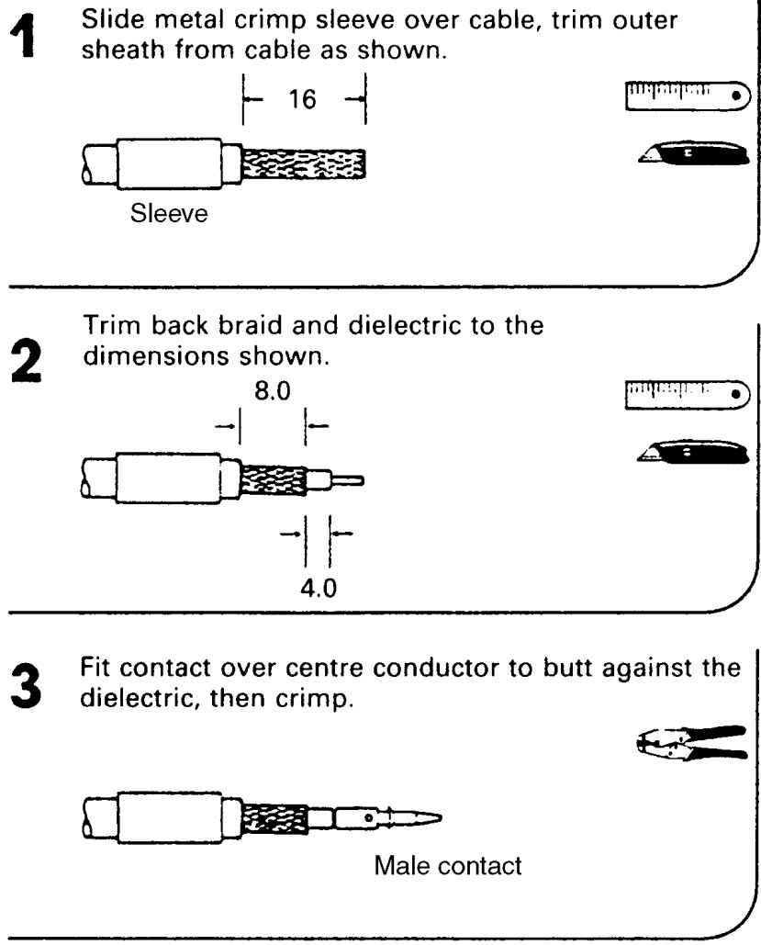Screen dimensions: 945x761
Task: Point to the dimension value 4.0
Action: point(318,584)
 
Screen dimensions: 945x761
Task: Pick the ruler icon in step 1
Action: point(687,95)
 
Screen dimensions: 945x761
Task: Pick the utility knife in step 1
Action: point(687,154)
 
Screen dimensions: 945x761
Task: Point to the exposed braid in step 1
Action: point(303,165)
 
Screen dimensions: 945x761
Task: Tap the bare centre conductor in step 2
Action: point(349,479)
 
